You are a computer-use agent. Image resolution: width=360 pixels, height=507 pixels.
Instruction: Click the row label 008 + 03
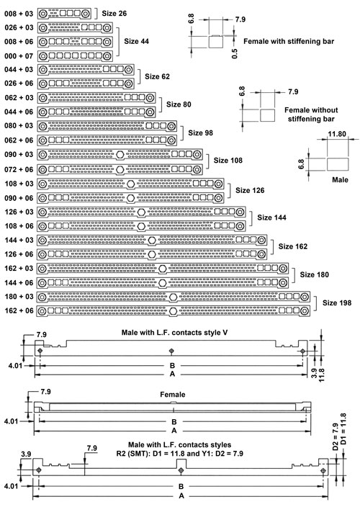point(19,14)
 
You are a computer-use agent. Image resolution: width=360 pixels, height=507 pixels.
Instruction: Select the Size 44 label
point(136,41)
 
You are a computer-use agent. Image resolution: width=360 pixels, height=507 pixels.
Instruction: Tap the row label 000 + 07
point(19,56)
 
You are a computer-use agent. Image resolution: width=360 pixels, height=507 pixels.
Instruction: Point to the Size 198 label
point(337,302)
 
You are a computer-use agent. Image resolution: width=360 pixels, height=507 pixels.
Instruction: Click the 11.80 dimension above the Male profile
point(337,134)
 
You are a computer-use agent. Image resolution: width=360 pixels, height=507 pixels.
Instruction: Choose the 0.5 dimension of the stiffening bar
point(235,53)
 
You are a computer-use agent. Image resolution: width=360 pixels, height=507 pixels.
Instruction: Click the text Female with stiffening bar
point(289,41)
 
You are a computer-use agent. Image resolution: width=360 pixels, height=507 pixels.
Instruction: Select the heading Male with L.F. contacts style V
point(174,333)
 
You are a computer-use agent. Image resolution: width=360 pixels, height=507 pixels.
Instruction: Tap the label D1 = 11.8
point(343,429)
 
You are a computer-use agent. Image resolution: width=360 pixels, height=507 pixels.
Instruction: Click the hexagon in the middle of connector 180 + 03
point(174,297)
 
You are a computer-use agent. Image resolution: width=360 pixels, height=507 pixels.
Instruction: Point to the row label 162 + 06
point(19,310)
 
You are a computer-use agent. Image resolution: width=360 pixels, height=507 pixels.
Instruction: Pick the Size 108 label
point(228,161)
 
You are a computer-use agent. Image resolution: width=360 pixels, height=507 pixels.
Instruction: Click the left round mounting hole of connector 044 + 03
point(42,70)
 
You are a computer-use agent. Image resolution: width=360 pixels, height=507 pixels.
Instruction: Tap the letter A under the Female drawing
point(174,431)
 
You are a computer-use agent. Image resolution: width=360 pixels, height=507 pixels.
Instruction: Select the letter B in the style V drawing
point(172,365)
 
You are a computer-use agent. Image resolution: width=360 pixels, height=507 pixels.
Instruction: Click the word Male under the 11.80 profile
point(340,180)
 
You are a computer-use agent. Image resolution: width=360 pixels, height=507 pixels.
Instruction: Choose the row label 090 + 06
point(19,198)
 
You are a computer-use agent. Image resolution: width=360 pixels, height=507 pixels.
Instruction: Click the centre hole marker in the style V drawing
point(171,351)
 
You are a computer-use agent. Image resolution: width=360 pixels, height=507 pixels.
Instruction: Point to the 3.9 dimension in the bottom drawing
point(26,454)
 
